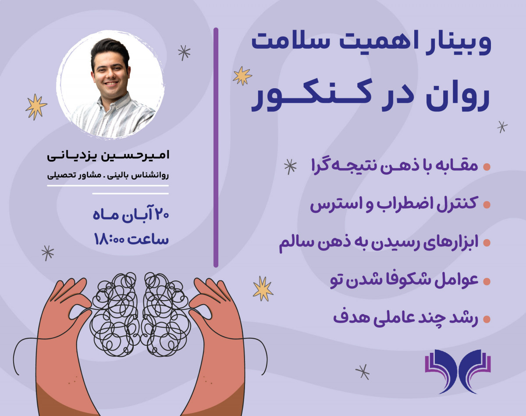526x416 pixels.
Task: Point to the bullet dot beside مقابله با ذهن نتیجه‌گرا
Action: [486, 167]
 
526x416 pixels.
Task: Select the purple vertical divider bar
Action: [216, 147]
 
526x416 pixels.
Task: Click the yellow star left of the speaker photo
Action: [36, 107]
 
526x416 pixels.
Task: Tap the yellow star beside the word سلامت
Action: [242, 75]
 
